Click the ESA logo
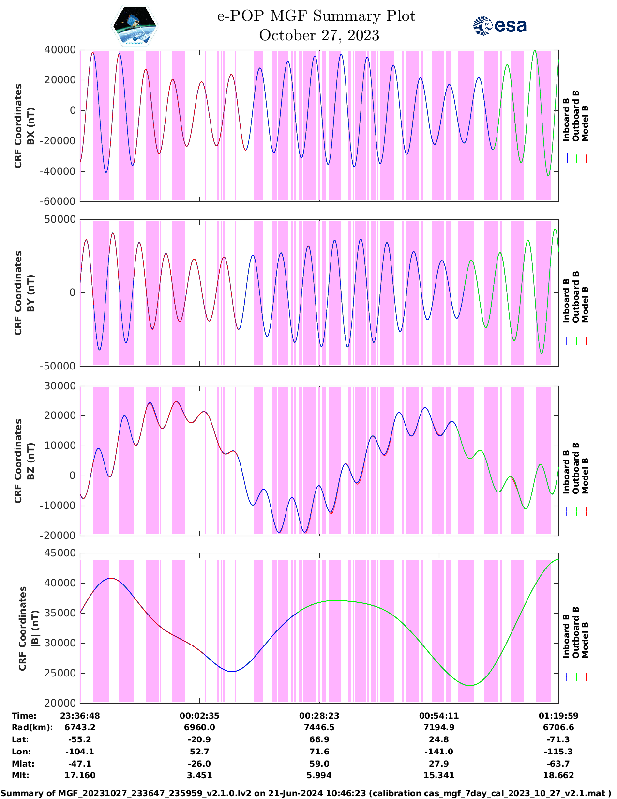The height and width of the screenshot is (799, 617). (499, 26)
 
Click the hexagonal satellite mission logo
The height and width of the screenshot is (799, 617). (135, 26)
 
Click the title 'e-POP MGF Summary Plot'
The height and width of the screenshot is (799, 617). (316, 16)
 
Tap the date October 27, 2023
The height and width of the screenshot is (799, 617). (319, 35)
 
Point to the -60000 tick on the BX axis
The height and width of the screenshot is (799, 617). (60, 201)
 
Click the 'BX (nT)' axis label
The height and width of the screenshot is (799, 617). (30, 126)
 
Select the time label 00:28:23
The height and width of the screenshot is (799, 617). (319, 716)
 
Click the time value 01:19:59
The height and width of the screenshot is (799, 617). (558, 716)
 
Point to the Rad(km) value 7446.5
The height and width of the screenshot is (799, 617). (319, 727)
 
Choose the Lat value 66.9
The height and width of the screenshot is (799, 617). (319, 739)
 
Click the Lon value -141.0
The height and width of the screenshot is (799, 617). (439, 752)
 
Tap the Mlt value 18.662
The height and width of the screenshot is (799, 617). (558, 775)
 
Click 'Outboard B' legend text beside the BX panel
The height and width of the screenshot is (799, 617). (576, 116)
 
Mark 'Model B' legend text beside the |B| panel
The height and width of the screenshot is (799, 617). (585, 640)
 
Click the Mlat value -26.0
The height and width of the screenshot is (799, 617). (199, 764)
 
